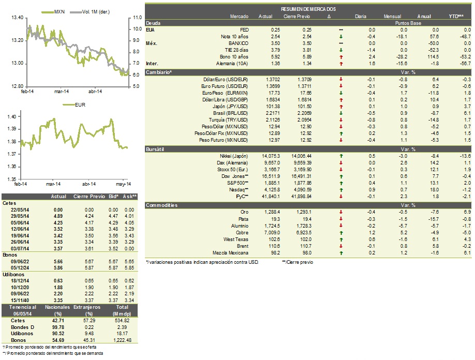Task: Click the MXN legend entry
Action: tap(53, 12)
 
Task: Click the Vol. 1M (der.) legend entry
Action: tap(90, 12)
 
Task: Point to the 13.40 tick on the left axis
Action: tap(17, 18)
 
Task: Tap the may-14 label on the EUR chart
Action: tap(123, 184)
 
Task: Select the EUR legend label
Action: tap(74, 105)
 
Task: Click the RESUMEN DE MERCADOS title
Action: tap(308, 9)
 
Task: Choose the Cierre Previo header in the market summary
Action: tap(296, 17)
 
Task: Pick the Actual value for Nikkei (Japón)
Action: tap(271, 156)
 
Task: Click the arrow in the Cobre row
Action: tap(341, 233)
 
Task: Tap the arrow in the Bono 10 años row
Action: tap(341, 57)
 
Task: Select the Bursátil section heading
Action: tap(155, 149)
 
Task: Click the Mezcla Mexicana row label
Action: tap(230, 253)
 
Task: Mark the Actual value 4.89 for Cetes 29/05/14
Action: tap(58, 216)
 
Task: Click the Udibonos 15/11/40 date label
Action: tap(20, 301)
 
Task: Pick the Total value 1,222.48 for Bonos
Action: tap(123, 340)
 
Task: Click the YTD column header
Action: tap(456, 17)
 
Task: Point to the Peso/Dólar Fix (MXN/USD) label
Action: tap(221, 133)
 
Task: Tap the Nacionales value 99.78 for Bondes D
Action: tap(58, 327)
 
